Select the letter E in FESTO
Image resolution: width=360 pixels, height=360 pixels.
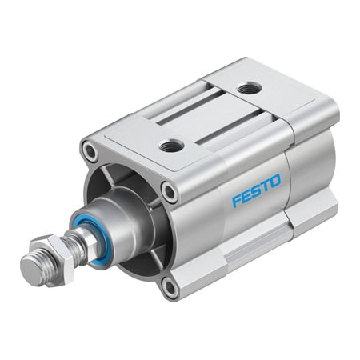click(x=246, y=196)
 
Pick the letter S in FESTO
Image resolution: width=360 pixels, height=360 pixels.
click(x=256, y=192)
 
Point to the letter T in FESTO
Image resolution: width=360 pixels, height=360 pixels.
click(x=265, y=188)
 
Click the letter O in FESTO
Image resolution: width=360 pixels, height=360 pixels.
click(x=275, y=183)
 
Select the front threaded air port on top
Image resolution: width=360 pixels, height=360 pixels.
click(x=171, y=145)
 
